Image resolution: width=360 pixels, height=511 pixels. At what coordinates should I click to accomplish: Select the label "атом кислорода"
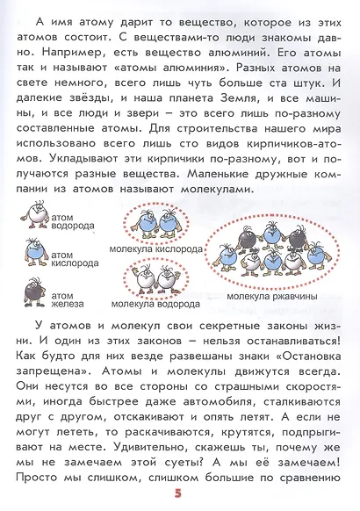pyautogui.click(x=71, y=258)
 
